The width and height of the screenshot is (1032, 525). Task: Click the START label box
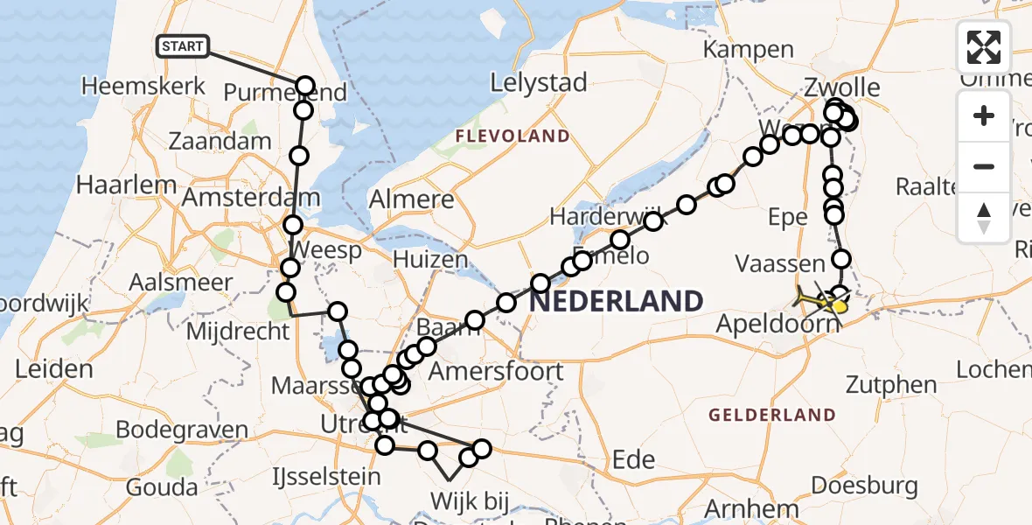(x=182, y=46)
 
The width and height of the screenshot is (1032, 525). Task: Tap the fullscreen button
(x=984, y=47)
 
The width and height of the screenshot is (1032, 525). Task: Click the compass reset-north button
(x=984, y=217)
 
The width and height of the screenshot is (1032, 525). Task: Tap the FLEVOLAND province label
(x=512, y=136)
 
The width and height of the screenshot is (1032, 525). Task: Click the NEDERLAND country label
(x=616, y=302)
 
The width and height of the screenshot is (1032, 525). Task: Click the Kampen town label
(x=748, y=50)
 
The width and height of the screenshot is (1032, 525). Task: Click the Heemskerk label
(x=143, y=86)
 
